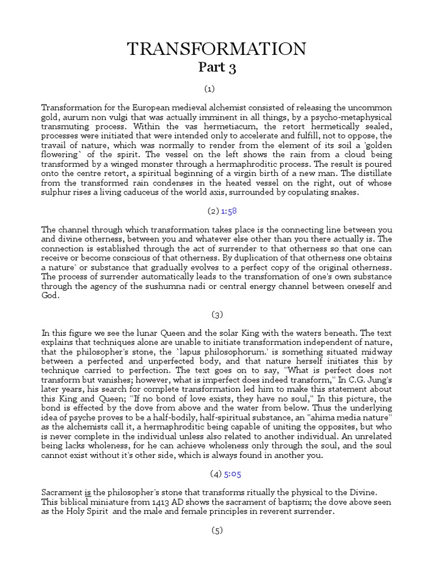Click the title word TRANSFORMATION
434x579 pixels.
tap(216, 49)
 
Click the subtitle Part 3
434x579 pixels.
tap(217, 68)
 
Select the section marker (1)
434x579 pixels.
tap(210, 89)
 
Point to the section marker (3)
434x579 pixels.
tap(217, 314)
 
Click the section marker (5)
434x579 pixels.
tap(217, 530)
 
